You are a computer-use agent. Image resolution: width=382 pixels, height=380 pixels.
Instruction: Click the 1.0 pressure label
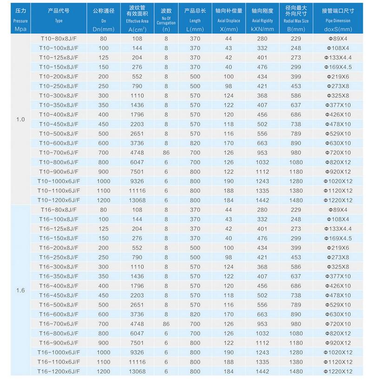(x=20, y=119)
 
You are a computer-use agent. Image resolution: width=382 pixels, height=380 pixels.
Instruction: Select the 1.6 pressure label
(x=20, y=291)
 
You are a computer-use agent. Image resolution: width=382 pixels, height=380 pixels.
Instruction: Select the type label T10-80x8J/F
(x=59, y=39)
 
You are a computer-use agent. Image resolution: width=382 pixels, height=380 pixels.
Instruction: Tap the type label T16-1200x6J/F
(x=59, y=371)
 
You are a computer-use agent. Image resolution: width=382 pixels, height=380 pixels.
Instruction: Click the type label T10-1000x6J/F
(x=59, y=181)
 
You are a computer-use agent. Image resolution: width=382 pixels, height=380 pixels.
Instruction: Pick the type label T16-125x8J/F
(x=59, y=229)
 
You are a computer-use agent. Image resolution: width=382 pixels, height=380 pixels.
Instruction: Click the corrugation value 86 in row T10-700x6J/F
(x=166, y=152)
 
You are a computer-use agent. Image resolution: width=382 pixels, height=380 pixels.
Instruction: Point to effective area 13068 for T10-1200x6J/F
(x=137, y=200)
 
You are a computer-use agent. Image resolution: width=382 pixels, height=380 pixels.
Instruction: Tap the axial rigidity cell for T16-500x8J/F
(x=263, y=305)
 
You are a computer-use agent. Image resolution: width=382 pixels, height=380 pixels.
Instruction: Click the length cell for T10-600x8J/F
(x=195, y=143)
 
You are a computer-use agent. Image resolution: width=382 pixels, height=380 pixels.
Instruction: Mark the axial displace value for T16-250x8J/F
(x=229, y=257)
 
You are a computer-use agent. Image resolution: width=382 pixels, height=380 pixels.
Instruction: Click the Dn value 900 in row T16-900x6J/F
(x=104, y=343)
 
